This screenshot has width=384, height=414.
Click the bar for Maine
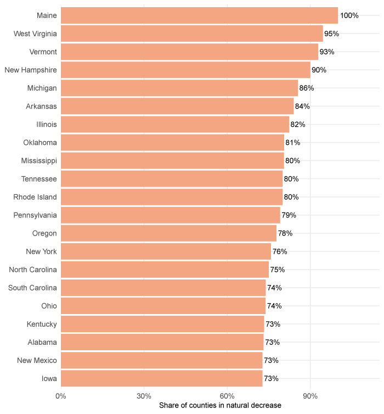[x=199, y=15]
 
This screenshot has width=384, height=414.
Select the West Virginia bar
[x=192, y=33]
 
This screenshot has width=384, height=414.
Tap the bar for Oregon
[x=168, y=233]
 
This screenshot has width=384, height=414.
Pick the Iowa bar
[x=161, y=378]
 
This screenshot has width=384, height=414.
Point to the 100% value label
[x=349, y=15]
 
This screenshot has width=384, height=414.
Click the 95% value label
[x=332, y=33]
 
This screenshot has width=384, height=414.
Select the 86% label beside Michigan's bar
[x=307, y=88]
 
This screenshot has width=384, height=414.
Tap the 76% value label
[x=280, y=251]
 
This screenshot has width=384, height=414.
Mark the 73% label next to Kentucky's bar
[x=273, y=324]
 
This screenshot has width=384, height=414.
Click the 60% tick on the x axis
[x=227, y=395]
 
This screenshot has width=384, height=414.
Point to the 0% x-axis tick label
[x=61, y=395]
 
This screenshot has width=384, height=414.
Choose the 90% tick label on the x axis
[x=310, y=395]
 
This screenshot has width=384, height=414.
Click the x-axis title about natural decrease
[x=220, y=405]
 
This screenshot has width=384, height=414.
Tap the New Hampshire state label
[x=31, y=70]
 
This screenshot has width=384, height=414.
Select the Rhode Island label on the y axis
[x=35, y=197]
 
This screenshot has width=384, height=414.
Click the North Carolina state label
[x=33, y=270]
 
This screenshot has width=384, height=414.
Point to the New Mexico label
[x=37, y=360]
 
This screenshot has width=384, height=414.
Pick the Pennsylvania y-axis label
[x=35, y=215]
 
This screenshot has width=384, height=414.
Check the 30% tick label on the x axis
[x=144, y=395]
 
